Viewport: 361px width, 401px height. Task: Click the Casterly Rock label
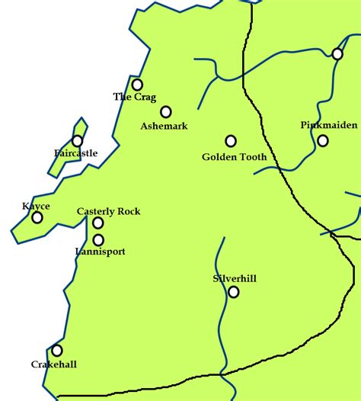(x=108, y=211)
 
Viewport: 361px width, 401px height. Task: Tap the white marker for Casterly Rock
(x=98, y=223)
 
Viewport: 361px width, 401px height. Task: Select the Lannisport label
(x=101, y=251)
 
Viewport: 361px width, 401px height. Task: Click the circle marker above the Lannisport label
(x=98, y=240)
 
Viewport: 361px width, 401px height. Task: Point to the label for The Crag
(x=134, y=97)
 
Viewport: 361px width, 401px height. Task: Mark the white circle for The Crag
(x=137, y=85)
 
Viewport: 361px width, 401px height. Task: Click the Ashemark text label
(x=164, y=126)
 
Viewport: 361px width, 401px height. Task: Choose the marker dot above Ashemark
(x=166, y=112)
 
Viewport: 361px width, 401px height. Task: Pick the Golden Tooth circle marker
(x=231, y=141)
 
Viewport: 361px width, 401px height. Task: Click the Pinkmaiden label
(x=324, y=125)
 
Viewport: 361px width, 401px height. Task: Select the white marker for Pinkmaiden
(x=323, y=140)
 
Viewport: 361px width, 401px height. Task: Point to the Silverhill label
(x=235, y=279)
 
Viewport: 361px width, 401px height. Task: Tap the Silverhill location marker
(x=234, y=292)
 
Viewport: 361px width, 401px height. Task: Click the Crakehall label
(x=54, y=364)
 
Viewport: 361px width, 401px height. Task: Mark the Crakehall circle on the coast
(x=57, y=351)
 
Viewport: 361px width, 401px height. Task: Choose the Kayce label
(x=36, y=207)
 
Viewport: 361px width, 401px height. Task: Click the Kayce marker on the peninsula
(x=37, y=218)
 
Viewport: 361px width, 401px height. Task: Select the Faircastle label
(x=76, y=153)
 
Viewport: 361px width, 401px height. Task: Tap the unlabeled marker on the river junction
(x=337, y=53)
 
